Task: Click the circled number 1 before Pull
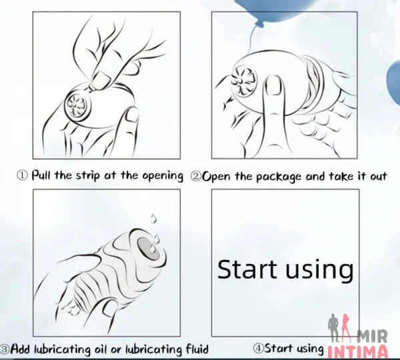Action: coord(22,175)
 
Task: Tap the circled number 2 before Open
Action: coord(195,176)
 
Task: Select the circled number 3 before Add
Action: coord(5,349)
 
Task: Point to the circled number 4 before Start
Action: coord(258,348)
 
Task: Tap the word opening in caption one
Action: coord(163,176)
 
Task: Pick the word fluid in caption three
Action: coord(197,348)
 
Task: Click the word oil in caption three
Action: coord(101,349)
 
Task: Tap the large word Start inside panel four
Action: coord(247,269)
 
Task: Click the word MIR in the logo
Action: coord(372,336)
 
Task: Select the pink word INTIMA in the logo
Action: coord(357,353)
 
